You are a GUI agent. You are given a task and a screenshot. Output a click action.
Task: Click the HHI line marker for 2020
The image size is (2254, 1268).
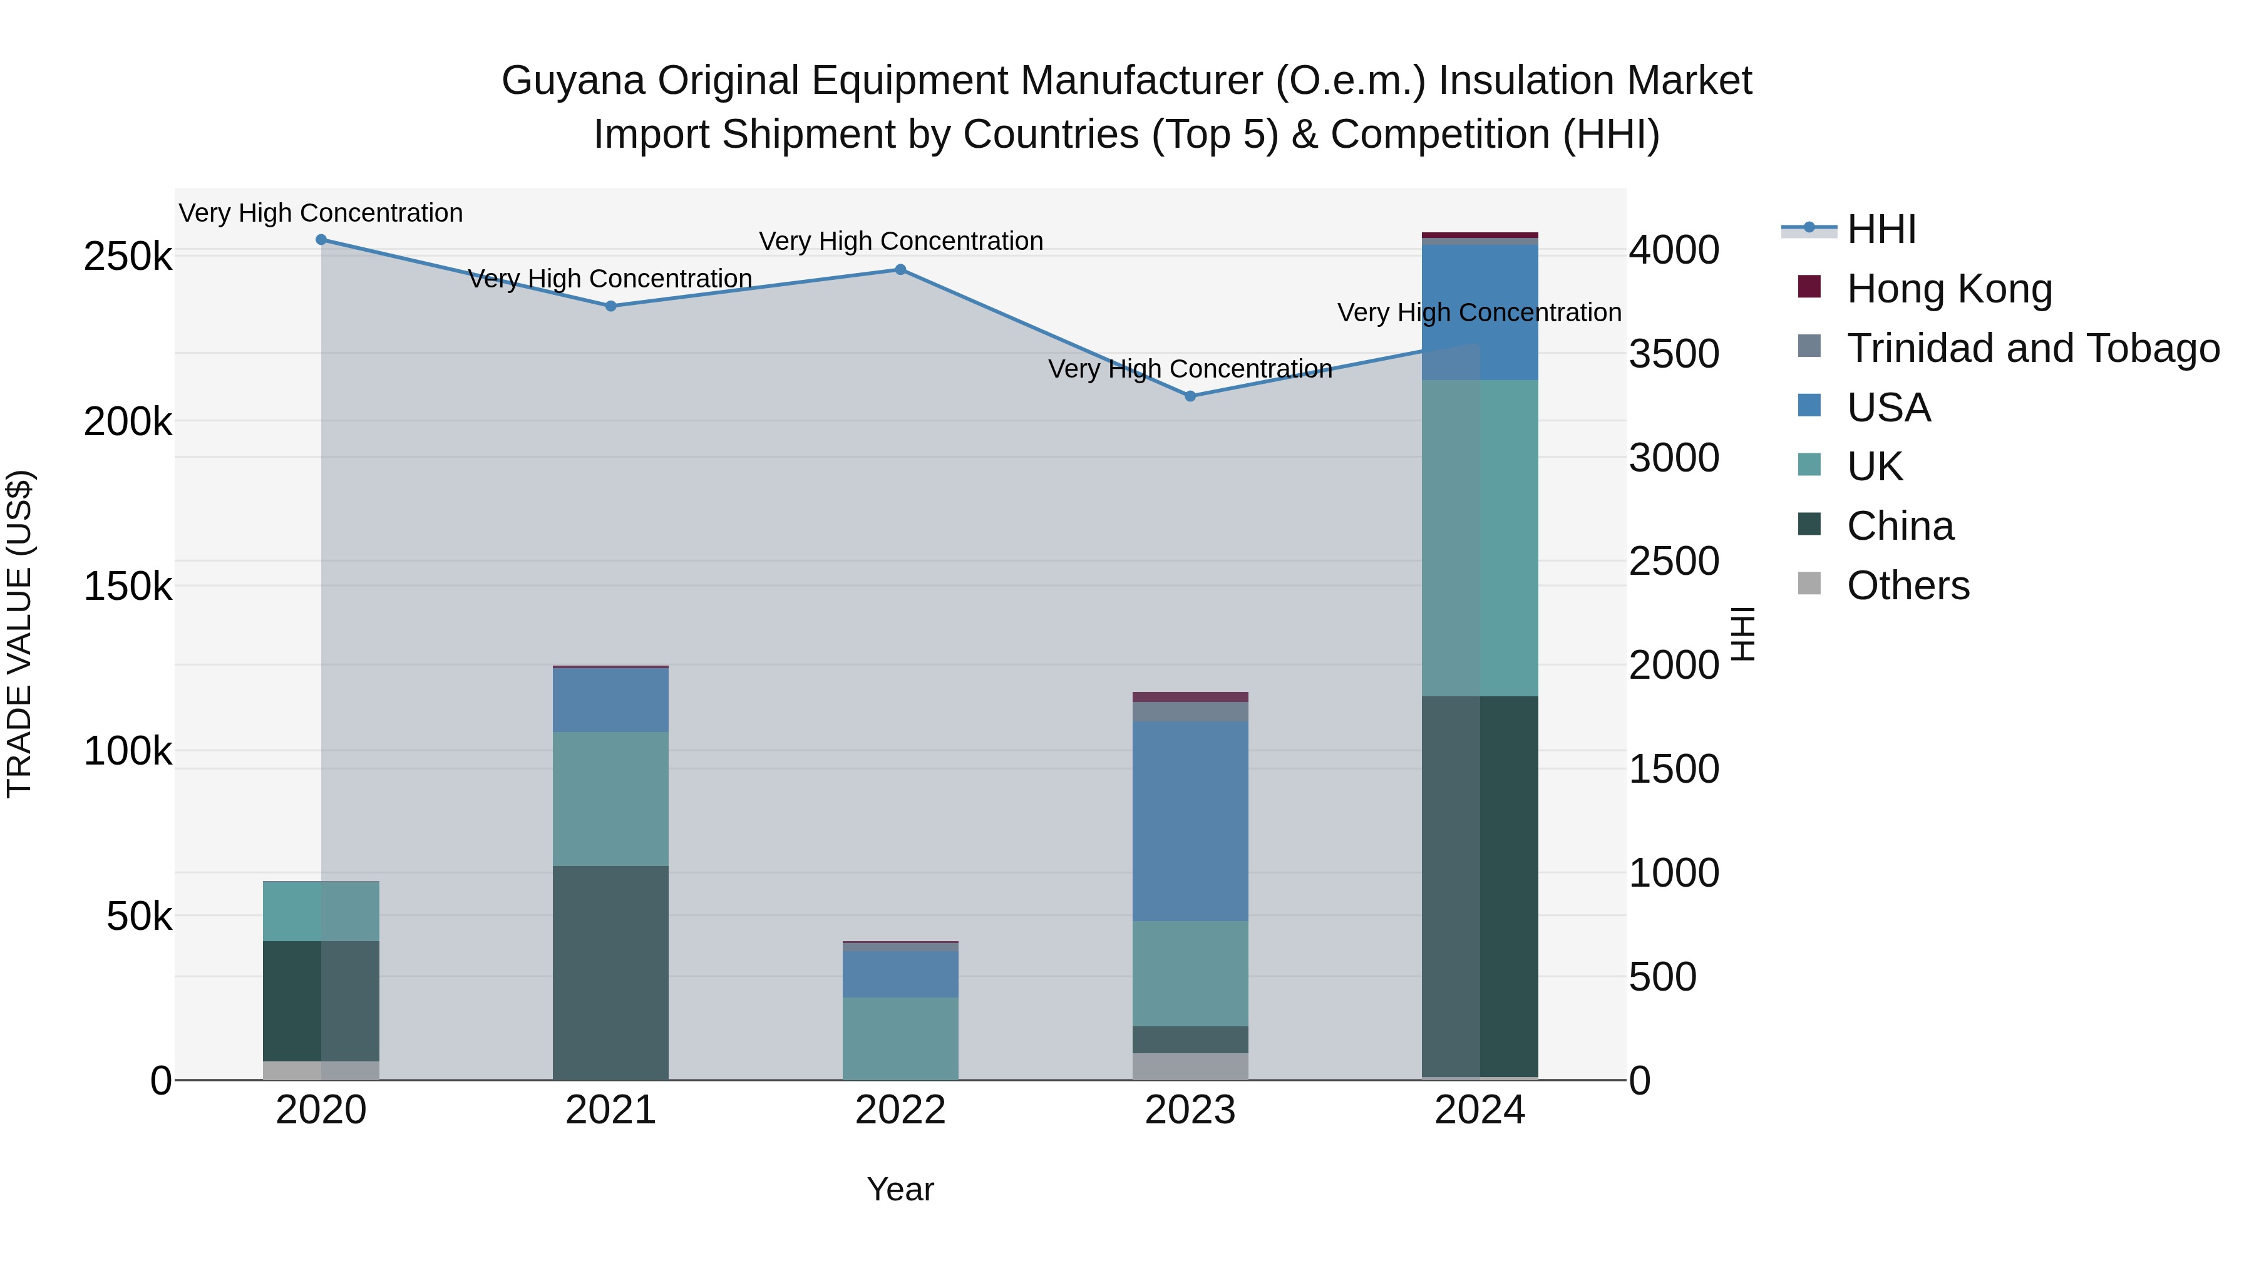tap(321, 240)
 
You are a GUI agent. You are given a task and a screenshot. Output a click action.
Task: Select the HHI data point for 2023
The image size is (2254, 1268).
tap(1190, 396)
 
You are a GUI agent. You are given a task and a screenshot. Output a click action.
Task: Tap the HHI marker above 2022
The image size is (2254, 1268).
tap(900, 269)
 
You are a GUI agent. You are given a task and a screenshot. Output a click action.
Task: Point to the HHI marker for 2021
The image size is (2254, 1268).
tap(610, 306)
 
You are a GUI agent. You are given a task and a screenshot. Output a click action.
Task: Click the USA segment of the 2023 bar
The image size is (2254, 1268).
tap(1190, 821)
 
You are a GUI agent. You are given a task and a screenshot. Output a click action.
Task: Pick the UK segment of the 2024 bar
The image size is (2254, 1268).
tap(1480, 537)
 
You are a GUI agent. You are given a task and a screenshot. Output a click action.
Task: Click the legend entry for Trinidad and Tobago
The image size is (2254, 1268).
tap(2032, 348)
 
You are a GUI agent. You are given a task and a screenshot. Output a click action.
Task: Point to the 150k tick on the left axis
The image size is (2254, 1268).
tap(128, 586)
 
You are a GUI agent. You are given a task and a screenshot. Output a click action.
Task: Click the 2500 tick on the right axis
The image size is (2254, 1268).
tap(1673, 562)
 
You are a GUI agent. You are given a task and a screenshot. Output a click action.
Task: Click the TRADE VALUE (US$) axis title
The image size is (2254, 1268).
tap(19, 634)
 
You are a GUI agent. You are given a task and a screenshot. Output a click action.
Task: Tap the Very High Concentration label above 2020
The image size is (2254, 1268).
tap(321, 214)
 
